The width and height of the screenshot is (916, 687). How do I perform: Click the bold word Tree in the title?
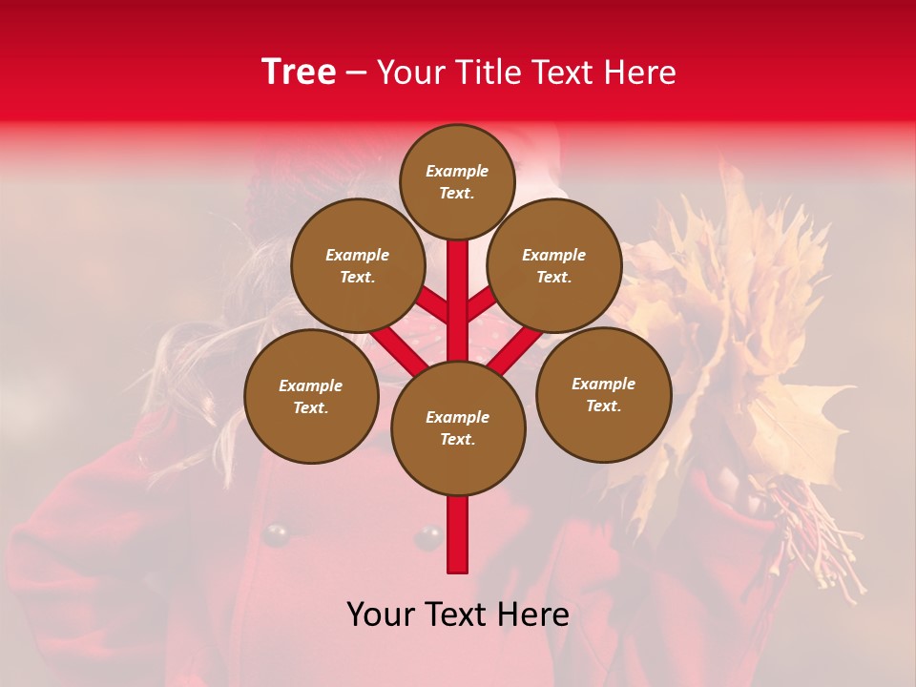point(299,73)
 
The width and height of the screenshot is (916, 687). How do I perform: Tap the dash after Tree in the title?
point(356,73)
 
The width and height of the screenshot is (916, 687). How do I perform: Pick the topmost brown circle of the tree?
point(457,181)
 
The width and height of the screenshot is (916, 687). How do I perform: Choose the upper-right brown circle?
point(554,265)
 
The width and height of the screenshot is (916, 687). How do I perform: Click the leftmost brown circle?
point(311,396)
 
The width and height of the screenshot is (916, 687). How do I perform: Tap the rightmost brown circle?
point(603,394)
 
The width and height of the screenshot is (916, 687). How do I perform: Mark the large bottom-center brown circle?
point(458,427)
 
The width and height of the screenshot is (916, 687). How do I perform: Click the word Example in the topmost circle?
point(457,171)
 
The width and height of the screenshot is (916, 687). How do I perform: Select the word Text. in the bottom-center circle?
point(457,439)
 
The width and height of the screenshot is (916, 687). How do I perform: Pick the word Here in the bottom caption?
point(535,614)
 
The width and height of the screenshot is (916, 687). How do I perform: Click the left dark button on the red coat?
point(276,535)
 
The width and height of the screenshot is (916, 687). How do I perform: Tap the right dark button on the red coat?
point(427,537)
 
